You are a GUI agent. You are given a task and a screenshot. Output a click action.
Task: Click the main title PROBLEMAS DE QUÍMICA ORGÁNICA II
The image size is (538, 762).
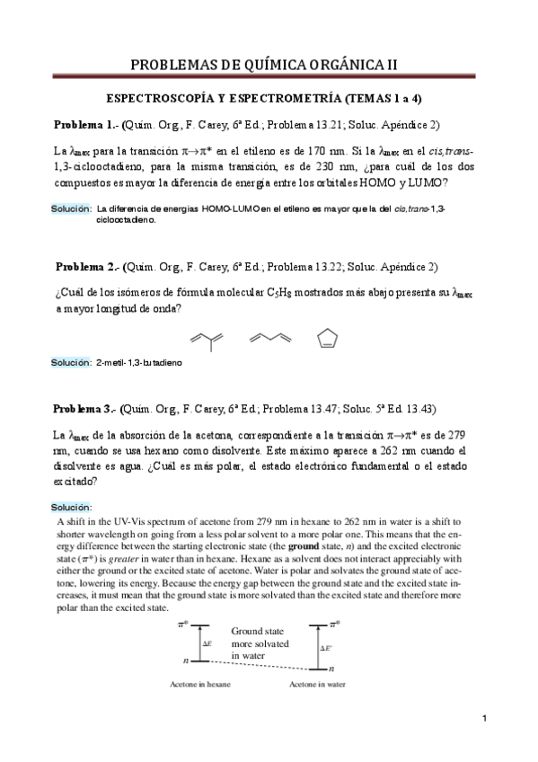tap(269, 65)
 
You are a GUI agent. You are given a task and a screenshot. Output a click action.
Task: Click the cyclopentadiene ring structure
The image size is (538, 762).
tap(328, 339)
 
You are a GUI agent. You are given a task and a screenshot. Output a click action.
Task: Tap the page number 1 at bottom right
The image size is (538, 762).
tap(484, 743)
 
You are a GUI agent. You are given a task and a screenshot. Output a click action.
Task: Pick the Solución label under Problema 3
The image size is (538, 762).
tap(71, 506)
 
